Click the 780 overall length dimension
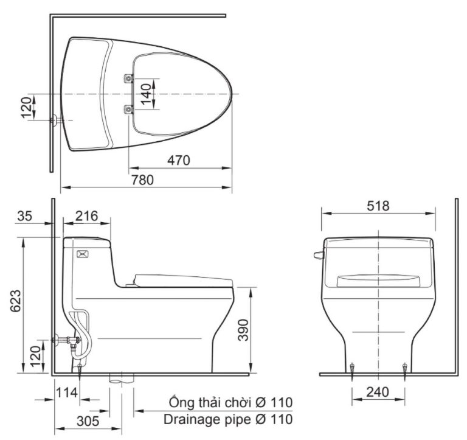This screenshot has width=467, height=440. click(142, 180)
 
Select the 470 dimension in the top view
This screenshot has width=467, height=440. click(179, 160)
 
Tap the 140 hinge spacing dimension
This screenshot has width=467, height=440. click(146, 94)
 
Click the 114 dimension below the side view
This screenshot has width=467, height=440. click(67, 393)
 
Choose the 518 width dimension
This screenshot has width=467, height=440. click(378, 206)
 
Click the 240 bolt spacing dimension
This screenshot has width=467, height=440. click(378, 393)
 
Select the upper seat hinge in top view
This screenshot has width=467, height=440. click(128, 78)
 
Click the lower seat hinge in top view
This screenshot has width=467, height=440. click(128, 109)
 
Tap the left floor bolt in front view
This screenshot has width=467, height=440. click(353, 367)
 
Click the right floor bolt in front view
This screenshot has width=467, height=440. click(405, 367)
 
